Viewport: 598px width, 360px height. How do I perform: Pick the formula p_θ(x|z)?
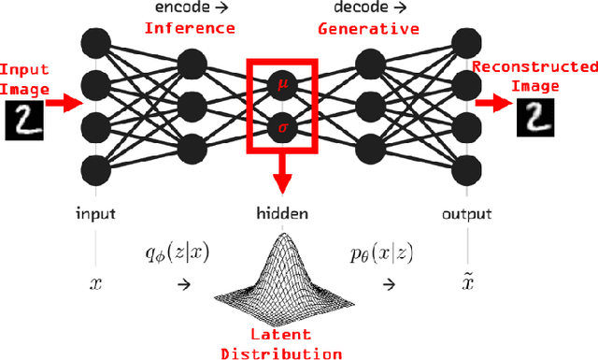coord(378,251)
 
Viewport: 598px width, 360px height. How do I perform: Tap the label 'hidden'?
coord(281,214)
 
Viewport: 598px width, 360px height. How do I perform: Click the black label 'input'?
coord(94,214)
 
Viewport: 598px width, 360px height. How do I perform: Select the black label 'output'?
coord(466,214)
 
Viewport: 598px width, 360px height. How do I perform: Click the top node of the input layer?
coord(94,41)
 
